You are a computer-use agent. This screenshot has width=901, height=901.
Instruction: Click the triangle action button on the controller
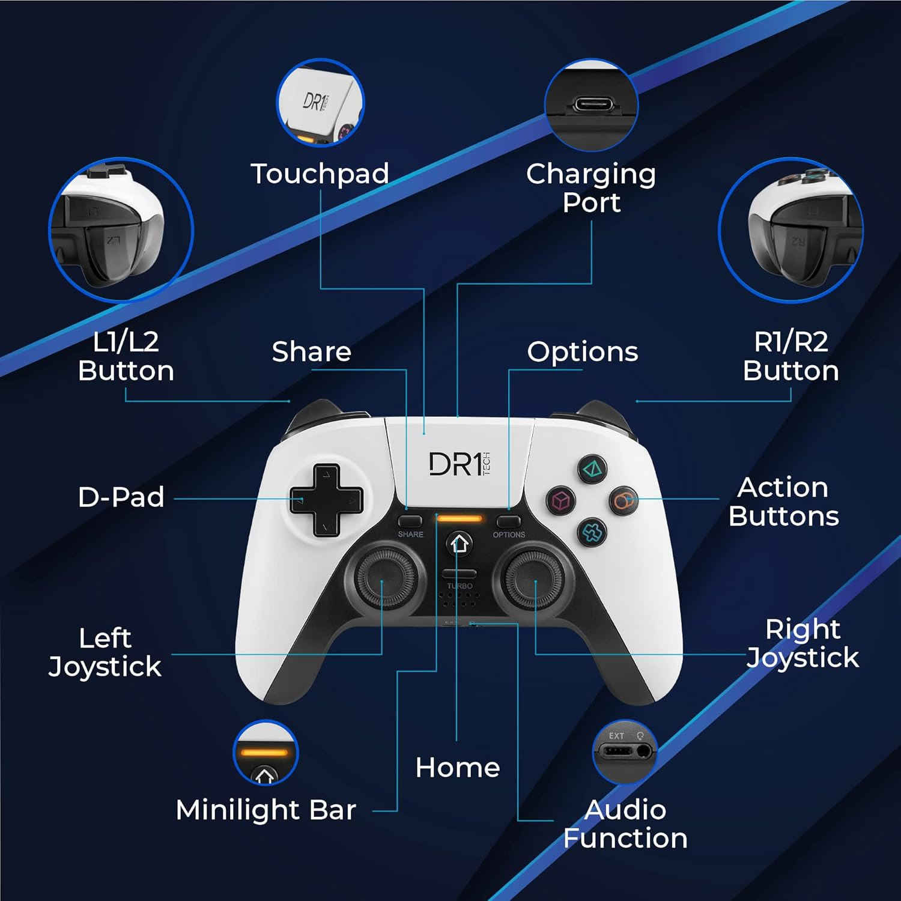coord(592,469)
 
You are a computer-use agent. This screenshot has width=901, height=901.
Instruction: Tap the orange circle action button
coord(623,500)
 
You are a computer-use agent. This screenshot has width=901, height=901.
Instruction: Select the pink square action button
coord(560,500)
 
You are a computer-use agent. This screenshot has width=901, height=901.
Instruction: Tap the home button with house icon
coord(460,544)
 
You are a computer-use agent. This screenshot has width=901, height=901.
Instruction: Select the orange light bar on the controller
coord(460,518)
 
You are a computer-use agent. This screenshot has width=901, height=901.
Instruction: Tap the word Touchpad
coord(320,174)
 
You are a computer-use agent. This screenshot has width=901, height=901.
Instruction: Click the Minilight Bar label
coord(266,810)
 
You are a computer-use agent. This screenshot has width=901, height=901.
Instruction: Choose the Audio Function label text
coord(625,824)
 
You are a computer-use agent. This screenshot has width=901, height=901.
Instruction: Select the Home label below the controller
coord(458,768)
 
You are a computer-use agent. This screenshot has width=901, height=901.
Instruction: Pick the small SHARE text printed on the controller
coord(411,534)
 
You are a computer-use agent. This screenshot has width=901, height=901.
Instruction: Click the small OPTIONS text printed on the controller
coord(509,535)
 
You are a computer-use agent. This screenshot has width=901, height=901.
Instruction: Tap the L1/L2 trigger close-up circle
coord(121,229)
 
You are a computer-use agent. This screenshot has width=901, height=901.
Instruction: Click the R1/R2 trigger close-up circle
coord(791,229)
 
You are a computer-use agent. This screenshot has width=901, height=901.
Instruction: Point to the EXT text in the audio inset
coord(616,736)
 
